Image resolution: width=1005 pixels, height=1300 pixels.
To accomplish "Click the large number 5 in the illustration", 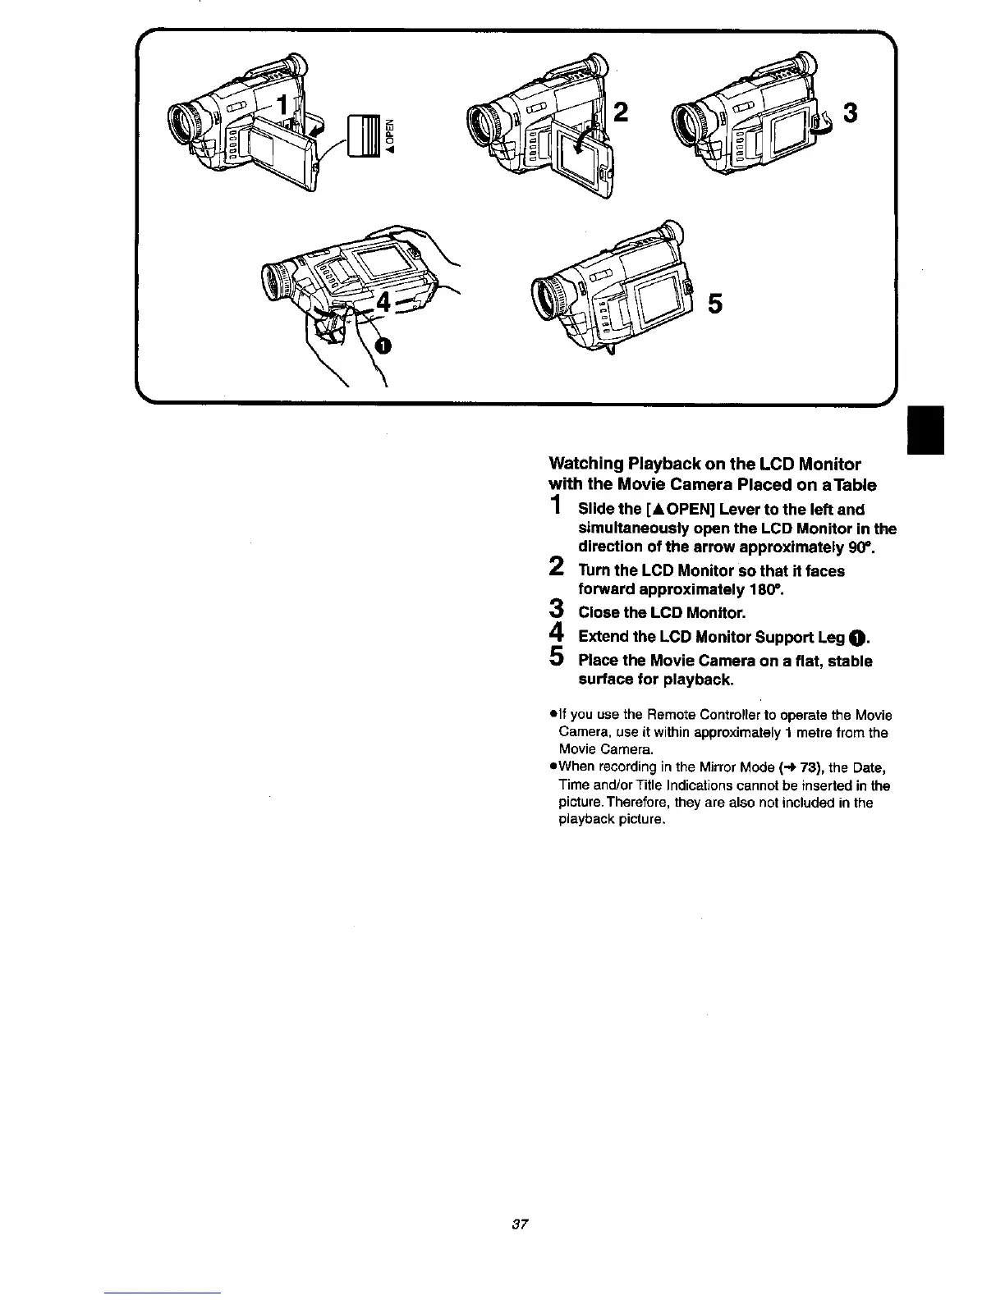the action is (714, 304).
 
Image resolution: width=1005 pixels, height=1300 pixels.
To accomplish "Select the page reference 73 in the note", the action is (792, 767).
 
